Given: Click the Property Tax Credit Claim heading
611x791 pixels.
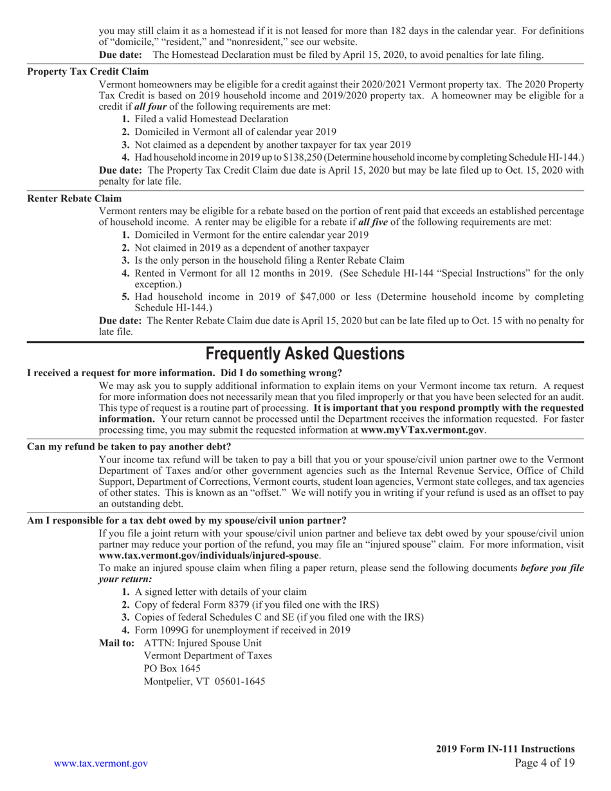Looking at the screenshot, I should pos(87,71).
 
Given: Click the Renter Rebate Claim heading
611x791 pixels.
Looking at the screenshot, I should pos(74,199).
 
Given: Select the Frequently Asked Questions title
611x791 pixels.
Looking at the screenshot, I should pos(305,354).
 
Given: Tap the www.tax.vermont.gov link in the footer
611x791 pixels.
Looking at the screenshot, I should pos(101,763).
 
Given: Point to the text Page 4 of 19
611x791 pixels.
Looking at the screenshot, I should pos(545,763).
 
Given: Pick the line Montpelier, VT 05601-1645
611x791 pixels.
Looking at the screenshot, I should pos(204,681).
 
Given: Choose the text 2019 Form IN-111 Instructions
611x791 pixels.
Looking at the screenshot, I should pos(505,749).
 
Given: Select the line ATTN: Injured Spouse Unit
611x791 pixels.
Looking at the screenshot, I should pos(203,642).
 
